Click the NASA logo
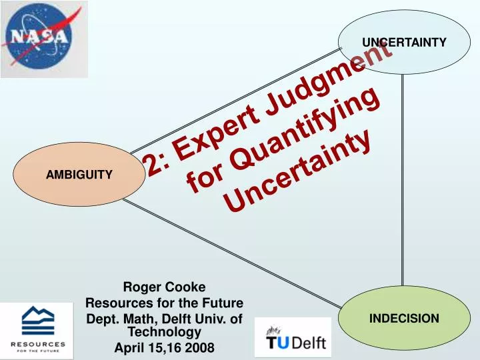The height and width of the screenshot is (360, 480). pos(44,39)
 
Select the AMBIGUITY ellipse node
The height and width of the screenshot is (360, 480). pos(79,174)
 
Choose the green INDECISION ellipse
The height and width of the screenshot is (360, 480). pos(404,318)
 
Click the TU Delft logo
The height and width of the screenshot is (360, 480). pos(293,337)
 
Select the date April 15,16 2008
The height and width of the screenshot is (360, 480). pos(165,347)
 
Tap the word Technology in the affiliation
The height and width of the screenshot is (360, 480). pos(165,331)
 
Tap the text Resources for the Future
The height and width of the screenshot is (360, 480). pos(165,303)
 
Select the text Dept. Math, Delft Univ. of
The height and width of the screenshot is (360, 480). pos(165,319)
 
